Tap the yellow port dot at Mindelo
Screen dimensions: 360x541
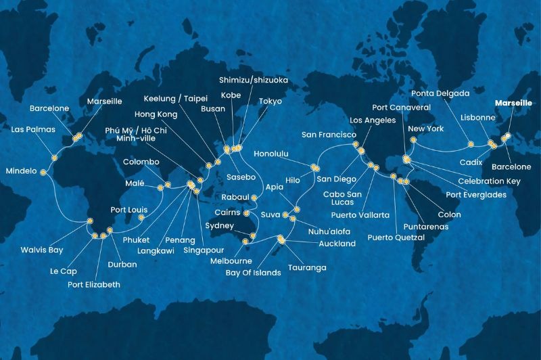click(43, 173)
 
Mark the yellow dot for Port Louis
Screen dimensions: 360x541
click(142, 217)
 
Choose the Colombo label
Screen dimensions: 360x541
click(141, 162)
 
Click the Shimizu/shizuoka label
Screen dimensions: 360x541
click(254, 80)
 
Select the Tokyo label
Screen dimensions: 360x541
click(270, 101)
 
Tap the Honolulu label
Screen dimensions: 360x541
click(271, 154)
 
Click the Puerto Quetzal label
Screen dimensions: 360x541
click(396, 238)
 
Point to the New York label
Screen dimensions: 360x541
click(425, 129)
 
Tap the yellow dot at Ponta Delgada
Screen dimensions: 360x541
click(470, 143)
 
